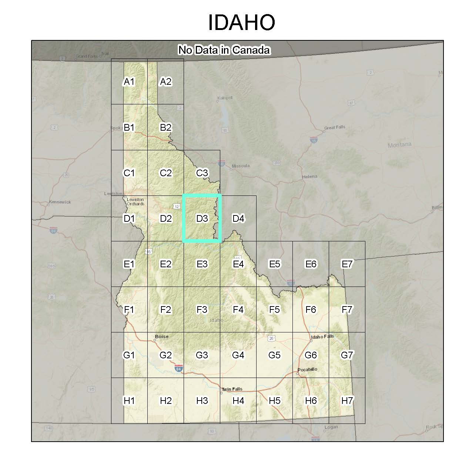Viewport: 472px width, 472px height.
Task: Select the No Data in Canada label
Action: [224, 50]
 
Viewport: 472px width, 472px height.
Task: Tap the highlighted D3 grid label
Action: [202, 218]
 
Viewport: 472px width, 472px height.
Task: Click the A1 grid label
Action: [129, 81]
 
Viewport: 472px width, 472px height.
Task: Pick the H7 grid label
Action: [347, 400]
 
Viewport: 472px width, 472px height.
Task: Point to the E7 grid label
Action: [347, 264]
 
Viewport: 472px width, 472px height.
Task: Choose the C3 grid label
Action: [202, 173]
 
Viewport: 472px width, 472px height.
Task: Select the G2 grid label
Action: [165, 355]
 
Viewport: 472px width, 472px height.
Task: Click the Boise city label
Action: [161, 337]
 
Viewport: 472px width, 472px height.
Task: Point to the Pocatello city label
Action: [308, 369]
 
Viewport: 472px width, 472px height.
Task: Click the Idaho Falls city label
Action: [322, 337]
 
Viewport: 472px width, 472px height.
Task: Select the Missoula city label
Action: [241, 166]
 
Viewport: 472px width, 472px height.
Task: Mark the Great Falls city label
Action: [335, 127]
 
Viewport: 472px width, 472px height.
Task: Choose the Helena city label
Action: [309, 177]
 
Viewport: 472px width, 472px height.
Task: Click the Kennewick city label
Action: [60, 202]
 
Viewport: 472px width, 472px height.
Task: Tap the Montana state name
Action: [399, 145]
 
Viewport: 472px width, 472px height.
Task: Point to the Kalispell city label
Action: [225, 98]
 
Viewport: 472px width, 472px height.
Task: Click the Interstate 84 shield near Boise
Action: [179, 369]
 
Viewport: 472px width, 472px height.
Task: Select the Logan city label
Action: [331, 427]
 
